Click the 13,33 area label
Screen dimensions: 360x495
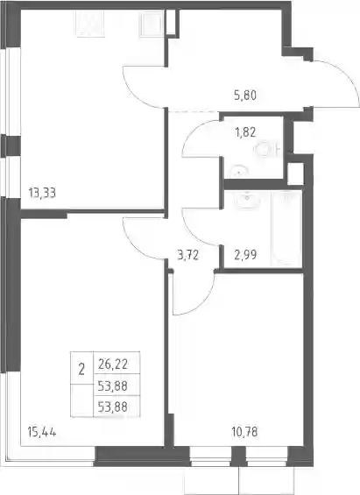pyautogui.click(x=42, y=192)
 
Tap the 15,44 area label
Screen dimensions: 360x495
pyautogui.click(x=42, y=432)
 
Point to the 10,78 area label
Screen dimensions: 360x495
pyautogui.click(x=244, y=432)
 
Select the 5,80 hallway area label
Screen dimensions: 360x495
pyautogui.click(x=245, y=95)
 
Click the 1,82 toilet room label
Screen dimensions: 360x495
pyautogui.click(x=245, y=132)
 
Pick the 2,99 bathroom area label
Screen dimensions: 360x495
pyautogui.click(x=245, y=254)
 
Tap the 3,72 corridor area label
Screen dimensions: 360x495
pyautogui.click(x=188, y=254)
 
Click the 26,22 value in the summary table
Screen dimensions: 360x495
pyautogui.click(x=113, y=364)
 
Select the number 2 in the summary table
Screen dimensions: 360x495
pyautogui.click(x=81, y=369)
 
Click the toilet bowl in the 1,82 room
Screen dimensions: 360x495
pyautogui.click(x=267, y=149)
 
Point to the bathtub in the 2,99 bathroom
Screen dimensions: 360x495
pyautogui.click(x=286, y=228)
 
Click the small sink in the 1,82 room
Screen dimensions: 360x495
pyautogui.click(x=239, y=173)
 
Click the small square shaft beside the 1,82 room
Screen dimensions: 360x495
pyautogui.click(x=295, y=173)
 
